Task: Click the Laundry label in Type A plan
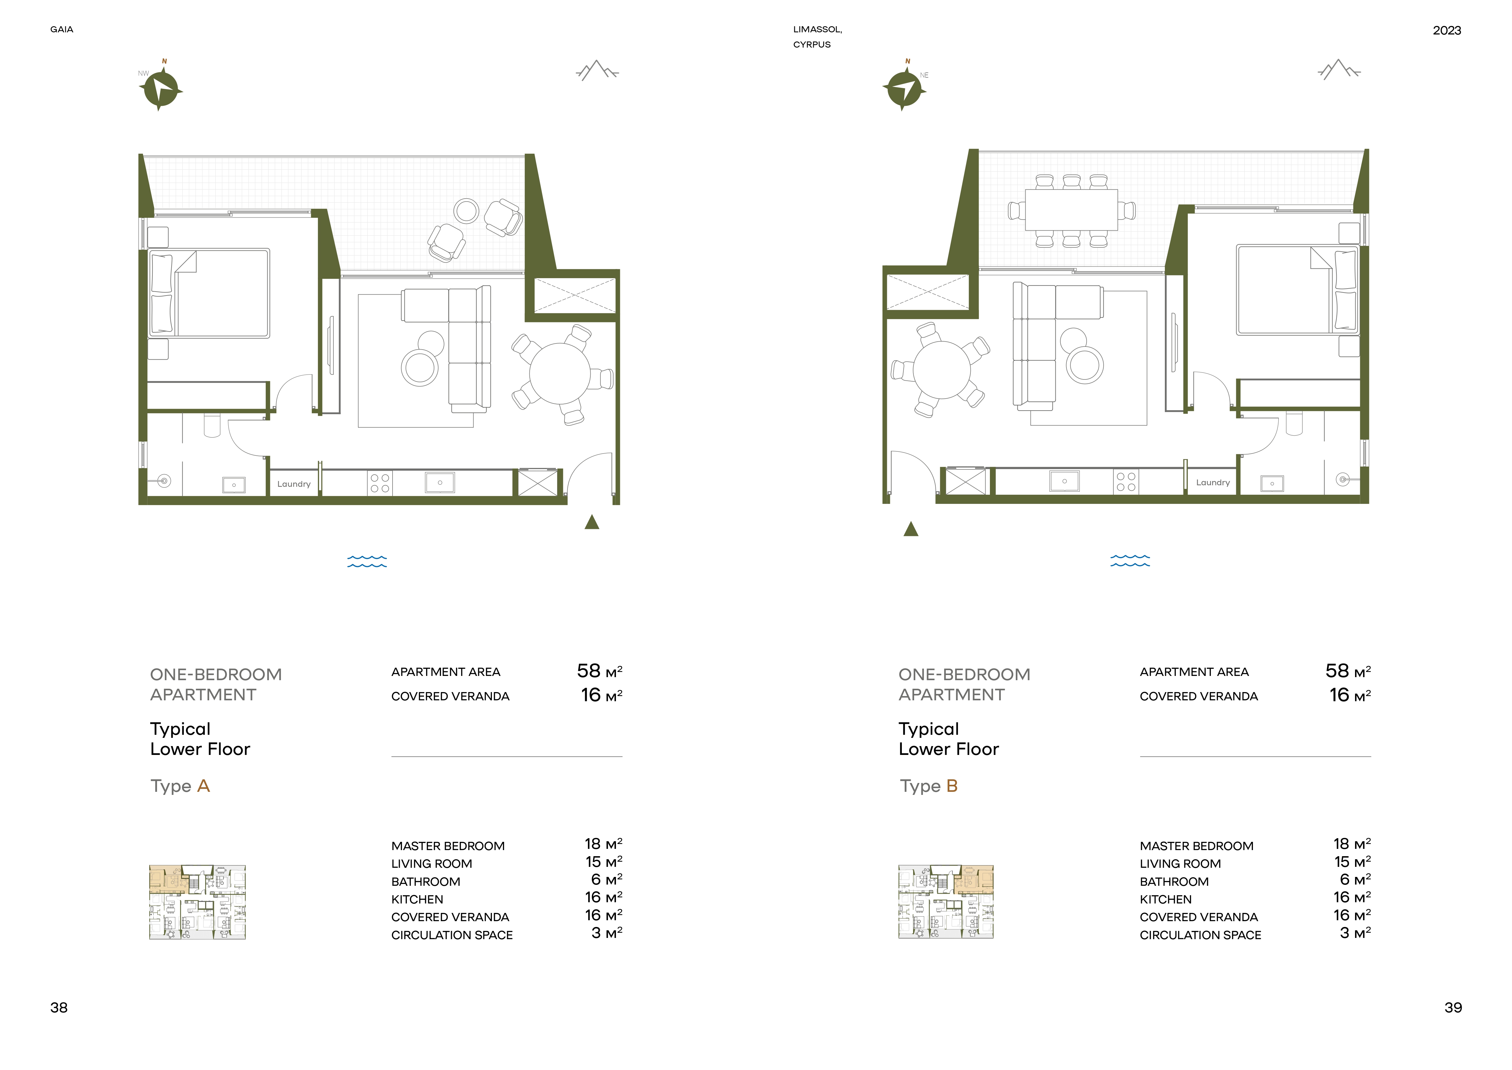(x=294, y=484)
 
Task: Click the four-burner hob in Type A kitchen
(x=380, y=483)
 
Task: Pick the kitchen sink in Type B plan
(x=1064, y=481)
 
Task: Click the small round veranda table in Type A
(x=466, y=211)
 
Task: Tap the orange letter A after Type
(x=204, y=786)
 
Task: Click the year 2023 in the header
(x=1447, y=30)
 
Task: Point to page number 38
(x=59, y=1007)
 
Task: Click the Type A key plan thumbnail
(x=197, y=902)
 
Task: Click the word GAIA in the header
(x=62, y=30)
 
